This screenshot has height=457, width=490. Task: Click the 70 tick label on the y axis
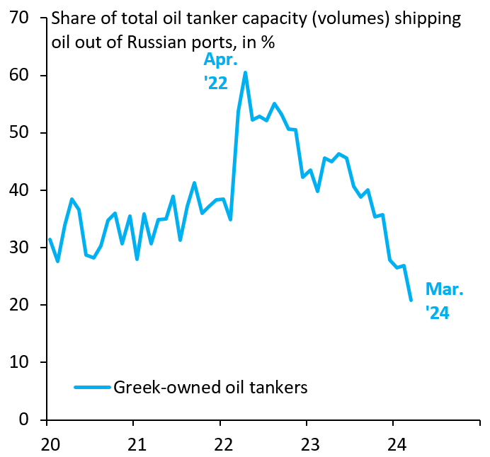(x=20, y=18)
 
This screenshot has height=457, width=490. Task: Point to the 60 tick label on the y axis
(x=20, y=76)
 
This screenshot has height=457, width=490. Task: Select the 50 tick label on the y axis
(x=20, y=133)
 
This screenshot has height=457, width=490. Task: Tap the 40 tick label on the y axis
(x=20, y=190)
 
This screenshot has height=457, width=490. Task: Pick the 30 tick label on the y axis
(x=20, y=248)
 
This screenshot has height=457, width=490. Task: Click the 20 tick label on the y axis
(x=20, y=305)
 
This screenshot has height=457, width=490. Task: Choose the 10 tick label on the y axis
(x=20, y=362)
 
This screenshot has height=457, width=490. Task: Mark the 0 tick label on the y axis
(x=25, y=420)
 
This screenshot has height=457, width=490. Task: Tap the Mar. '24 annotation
(x=443, y=301)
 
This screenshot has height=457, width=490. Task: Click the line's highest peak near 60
(x=245, y=72)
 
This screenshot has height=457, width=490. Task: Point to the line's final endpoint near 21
(x=411, y=300)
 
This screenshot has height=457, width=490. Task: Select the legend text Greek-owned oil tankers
(x=210, y=388)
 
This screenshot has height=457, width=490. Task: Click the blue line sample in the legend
(x=92, y=388)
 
